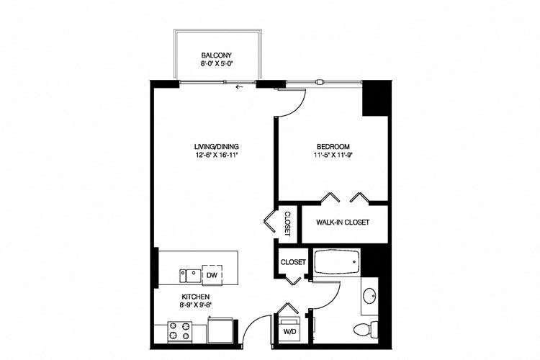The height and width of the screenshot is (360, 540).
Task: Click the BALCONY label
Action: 215,55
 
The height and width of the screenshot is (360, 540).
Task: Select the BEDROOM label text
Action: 331,145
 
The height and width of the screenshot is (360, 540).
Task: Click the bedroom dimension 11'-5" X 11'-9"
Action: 331,154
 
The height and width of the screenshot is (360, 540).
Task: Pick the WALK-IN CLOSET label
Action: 342,222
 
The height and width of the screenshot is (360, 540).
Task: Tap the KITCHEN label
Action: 195,297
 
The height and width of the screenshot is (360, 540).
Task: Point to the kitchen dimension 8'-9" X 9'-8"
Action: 195,305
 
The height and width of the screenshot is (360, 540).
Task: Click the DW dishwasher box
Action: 212,274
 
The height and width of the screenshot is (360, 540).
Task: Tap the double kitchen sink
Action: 189,274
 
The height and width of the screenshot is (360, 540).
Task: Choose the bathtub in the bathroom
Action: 338,262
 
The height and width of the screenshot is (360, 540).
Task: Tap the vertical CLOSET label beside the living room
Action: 287,222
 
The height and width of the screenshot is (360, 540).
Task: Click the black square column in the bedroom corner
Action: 374,98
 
